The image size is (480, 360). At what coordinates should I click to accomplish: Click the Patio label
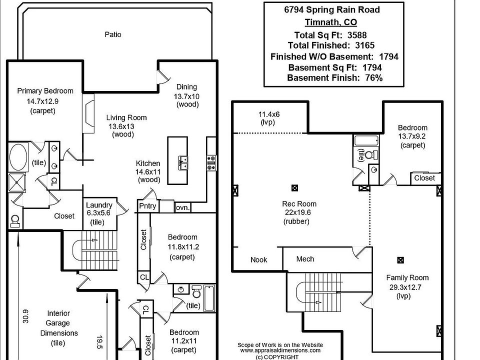pos(113,34)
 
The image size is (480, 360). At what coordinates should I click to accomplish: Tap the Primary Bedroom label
pos(45,91)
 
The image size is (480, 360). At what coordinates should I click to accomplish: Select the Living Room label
pos(126,117)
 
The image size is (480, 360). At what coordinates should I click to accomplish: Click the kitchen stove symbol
pos(211,161)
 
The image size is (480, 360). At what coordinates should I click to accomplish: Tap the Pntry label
pos(147,206)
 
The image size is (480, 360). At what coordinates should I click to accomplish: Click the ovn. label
pos(182,207)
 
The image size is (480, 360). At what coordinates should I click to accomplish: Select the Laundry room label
pos(99,205)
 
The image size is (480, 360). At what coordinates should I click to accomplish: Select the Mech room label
pos(305,259)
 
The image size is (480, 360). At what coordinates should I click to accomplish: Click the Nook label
pos(259,259)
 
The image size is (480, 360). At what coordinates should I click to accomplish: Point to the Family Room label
pos(407,277)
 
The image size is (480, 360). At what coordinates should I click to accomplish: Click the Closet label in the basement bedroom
pos(424,178)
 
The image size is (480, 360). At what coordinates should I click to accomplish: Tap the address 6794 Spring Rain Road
pos(331,9)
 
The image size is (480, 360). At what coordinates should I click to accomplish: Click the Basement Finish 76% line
pos(334,78)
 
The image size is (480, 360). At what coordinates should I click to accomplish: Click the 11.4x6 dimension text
pos(269,114)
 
